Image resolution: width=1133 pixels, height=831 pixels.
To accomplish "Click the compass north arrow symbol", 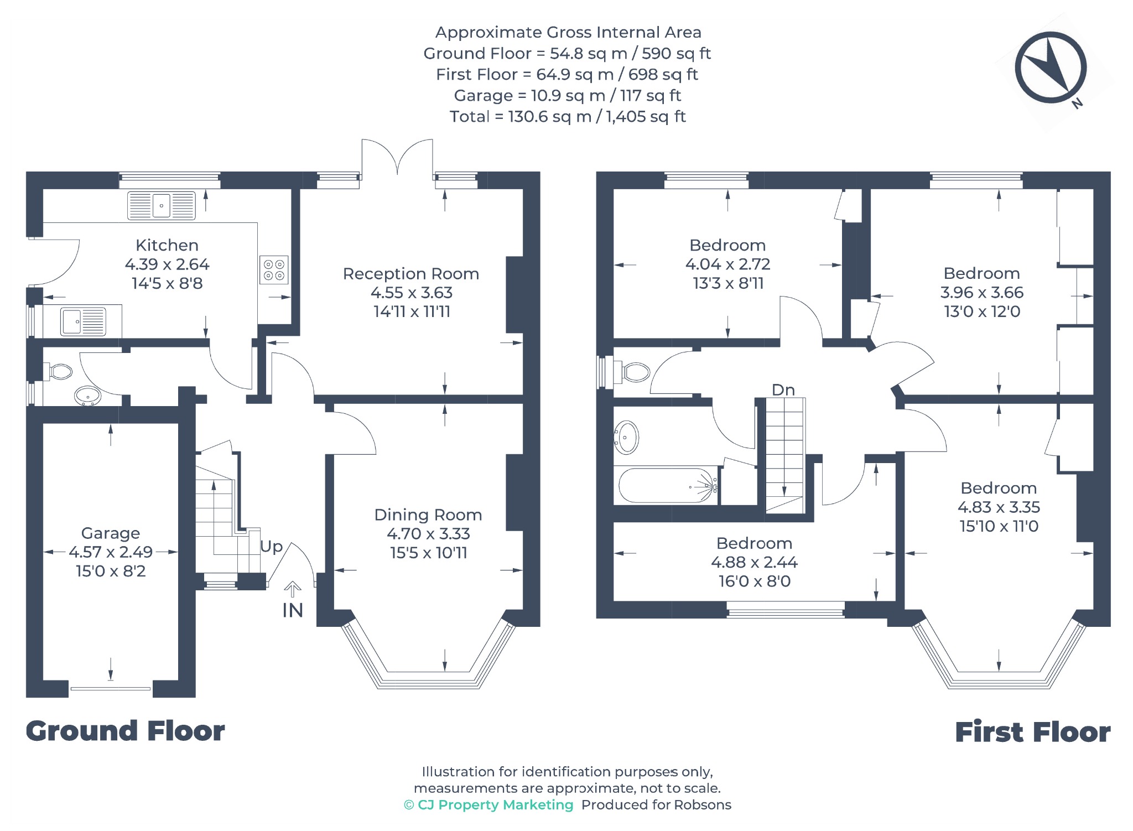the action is [x=1051, y=67].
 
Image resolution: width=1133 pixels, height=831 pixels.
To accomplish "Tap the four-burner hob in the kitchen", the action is [x=274, y=270].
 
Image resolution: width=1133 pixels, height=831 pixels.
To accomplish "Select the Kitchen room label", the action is [x=167, y=245].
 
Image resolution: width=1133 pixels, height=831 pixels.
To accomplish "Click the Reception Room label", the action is [x=411, y=274].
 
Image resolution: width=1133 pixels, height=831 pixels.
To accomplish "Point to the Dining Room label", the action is [x=428, y=515].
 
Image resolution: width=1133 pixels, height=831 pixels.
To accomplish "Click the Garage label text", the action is [x=111, y=533].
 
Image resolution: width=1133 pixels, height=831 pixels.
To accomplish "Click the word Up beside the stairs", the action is [x=272, y=547].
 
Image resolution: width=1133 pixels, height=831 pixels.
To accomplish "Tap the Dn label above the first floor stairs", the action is [x=783, y=390].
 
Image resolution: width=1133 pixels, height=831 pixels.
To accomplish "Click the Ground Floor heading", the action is [x=126, y=731].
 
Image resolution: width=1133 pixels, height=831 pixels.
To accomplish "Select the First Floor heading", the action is [x=1033, y=732].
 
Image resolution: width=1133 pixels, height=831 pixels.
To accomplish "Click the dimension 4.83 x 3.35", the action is [x=999, y=507].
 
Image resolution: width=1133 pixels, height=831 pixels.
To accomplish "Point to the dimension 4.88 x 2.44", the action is [x=755, y=563].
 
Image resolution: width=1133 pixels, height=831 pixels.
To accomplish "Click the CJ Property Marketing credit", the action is [x=488, y=805].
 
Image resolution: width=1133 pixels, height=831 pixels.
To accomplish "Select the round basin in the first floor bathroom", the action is [x=627, y=438].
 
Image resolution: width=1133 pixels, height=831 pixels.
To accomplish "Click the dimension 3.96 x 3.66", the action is [x=982, y=293].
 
